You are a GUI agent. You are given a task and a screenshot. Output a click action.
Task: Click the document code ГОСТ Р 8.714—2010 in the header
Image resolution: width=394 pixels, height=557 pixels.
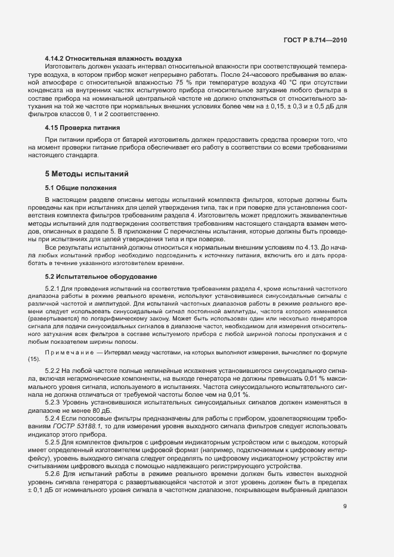(x=315, y=41)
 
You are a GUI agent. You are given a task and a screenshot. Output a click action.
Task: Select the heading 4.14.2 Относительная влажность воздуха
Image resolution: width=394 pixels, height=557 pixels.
(x=113, y=58)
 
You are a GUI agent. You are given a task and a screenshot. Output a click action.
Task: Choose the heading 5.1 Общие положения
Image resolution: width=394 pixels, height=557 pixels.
(x=80, y=188)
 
